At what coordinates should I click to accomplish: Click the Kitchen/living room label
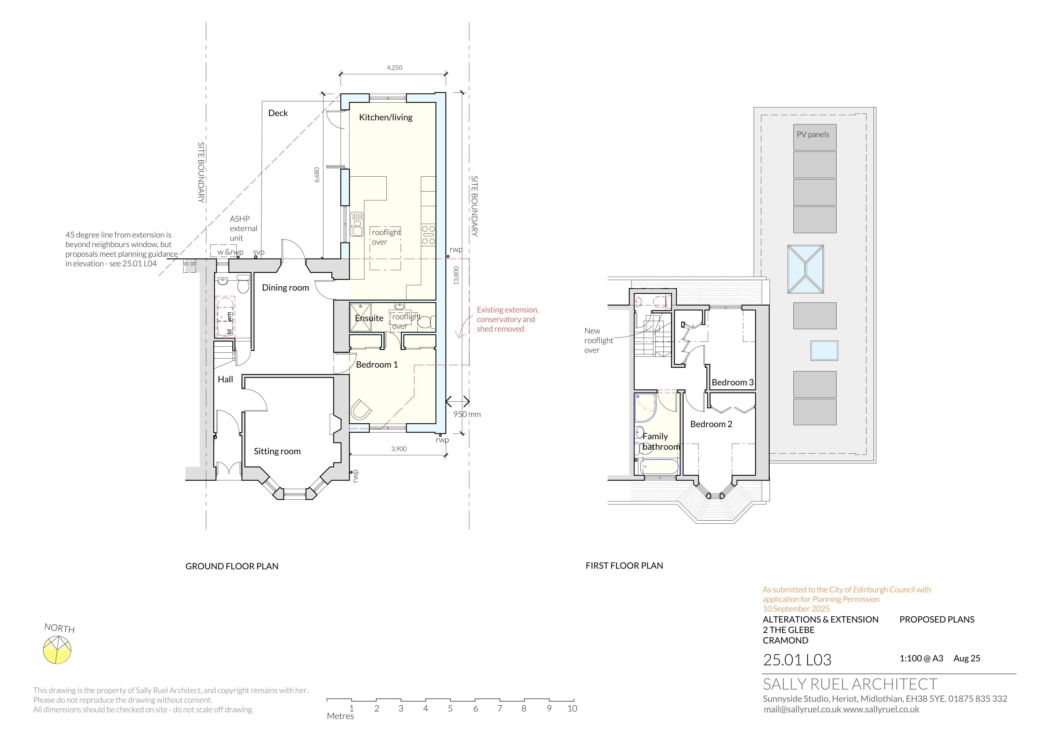point(386,118)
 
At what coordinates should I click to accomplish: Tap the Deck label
point(278,113)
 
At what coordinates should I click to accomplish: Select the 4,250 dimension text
point(395,68)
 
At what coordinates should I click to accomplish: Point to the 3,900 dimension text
point(399,449)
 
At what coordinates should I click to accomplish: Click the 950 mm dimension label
point(467,414)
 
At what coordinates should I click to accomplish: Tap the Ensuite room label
point(369,318)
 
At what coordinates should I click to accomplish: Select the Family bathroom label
point(661,442)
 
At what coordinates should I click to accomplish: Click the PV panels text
point(813,135)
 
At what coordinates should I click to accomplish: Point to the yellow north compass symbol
point(58,650)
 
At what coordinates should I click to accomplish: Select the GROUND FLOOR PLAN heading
point(232,566)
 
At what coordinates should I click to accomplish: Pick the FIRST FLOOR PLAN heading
point(624,566)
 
